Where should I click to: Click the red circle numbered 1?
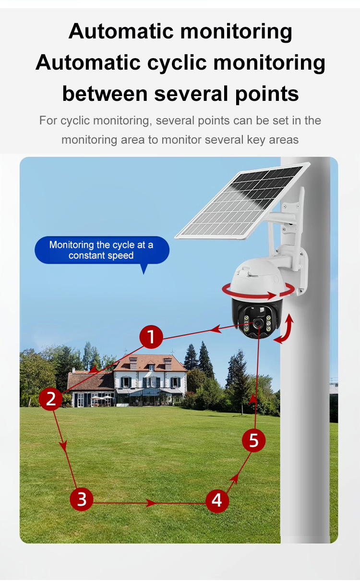(151, 337)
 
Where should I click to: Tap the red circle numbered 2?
(50, 399)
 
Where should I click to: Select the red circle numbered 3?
(82, 499)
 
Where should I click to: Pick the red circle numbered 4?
(217, 501)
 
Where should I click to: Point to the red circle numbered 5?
(253, 440)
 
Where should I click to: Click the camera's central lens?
(257, 324)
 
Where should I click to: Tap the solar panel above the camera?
(242, 200)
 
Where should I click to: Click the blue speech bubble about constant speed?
(102, 251)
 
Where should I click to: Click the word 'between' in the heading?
(105, 94)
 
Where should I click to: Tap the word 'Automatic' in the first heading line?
(121, 31)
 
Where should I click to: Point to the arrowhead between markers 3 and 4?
(151, 503)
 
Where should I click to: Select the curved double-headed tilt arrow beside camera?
(284, 329)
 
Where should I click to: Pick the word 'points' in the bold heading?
(267, 94)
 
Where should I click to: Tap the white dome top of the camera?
(258, 275)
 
